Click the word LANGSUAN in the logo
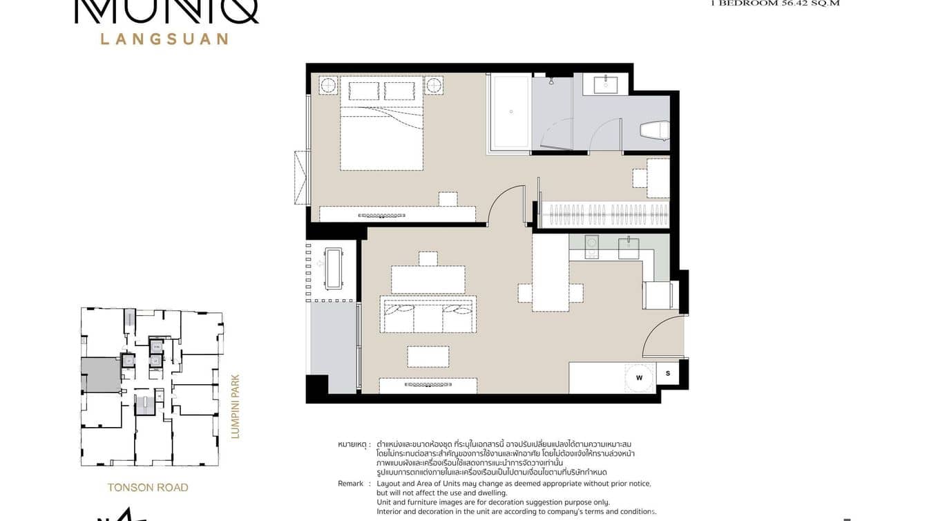pos(164,39)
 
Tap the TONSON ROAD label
pos(148,487)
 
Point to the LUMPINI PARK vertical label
pos(234,407)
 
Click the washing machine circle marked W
pos(639,378)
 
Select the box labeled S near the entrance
pos(668,374)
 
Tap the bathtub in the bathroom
pos(510,111)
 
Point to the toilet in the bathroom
pos(653,131)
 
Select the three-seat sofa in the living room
pos(428,314)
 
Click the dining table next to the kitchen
pos(551,273)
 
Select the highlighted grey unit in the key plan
pos(102,375)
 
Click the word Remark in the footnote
pos(350,484)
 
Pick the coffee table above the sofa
pos(428,279)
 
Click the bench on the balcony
pos(334,269)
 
